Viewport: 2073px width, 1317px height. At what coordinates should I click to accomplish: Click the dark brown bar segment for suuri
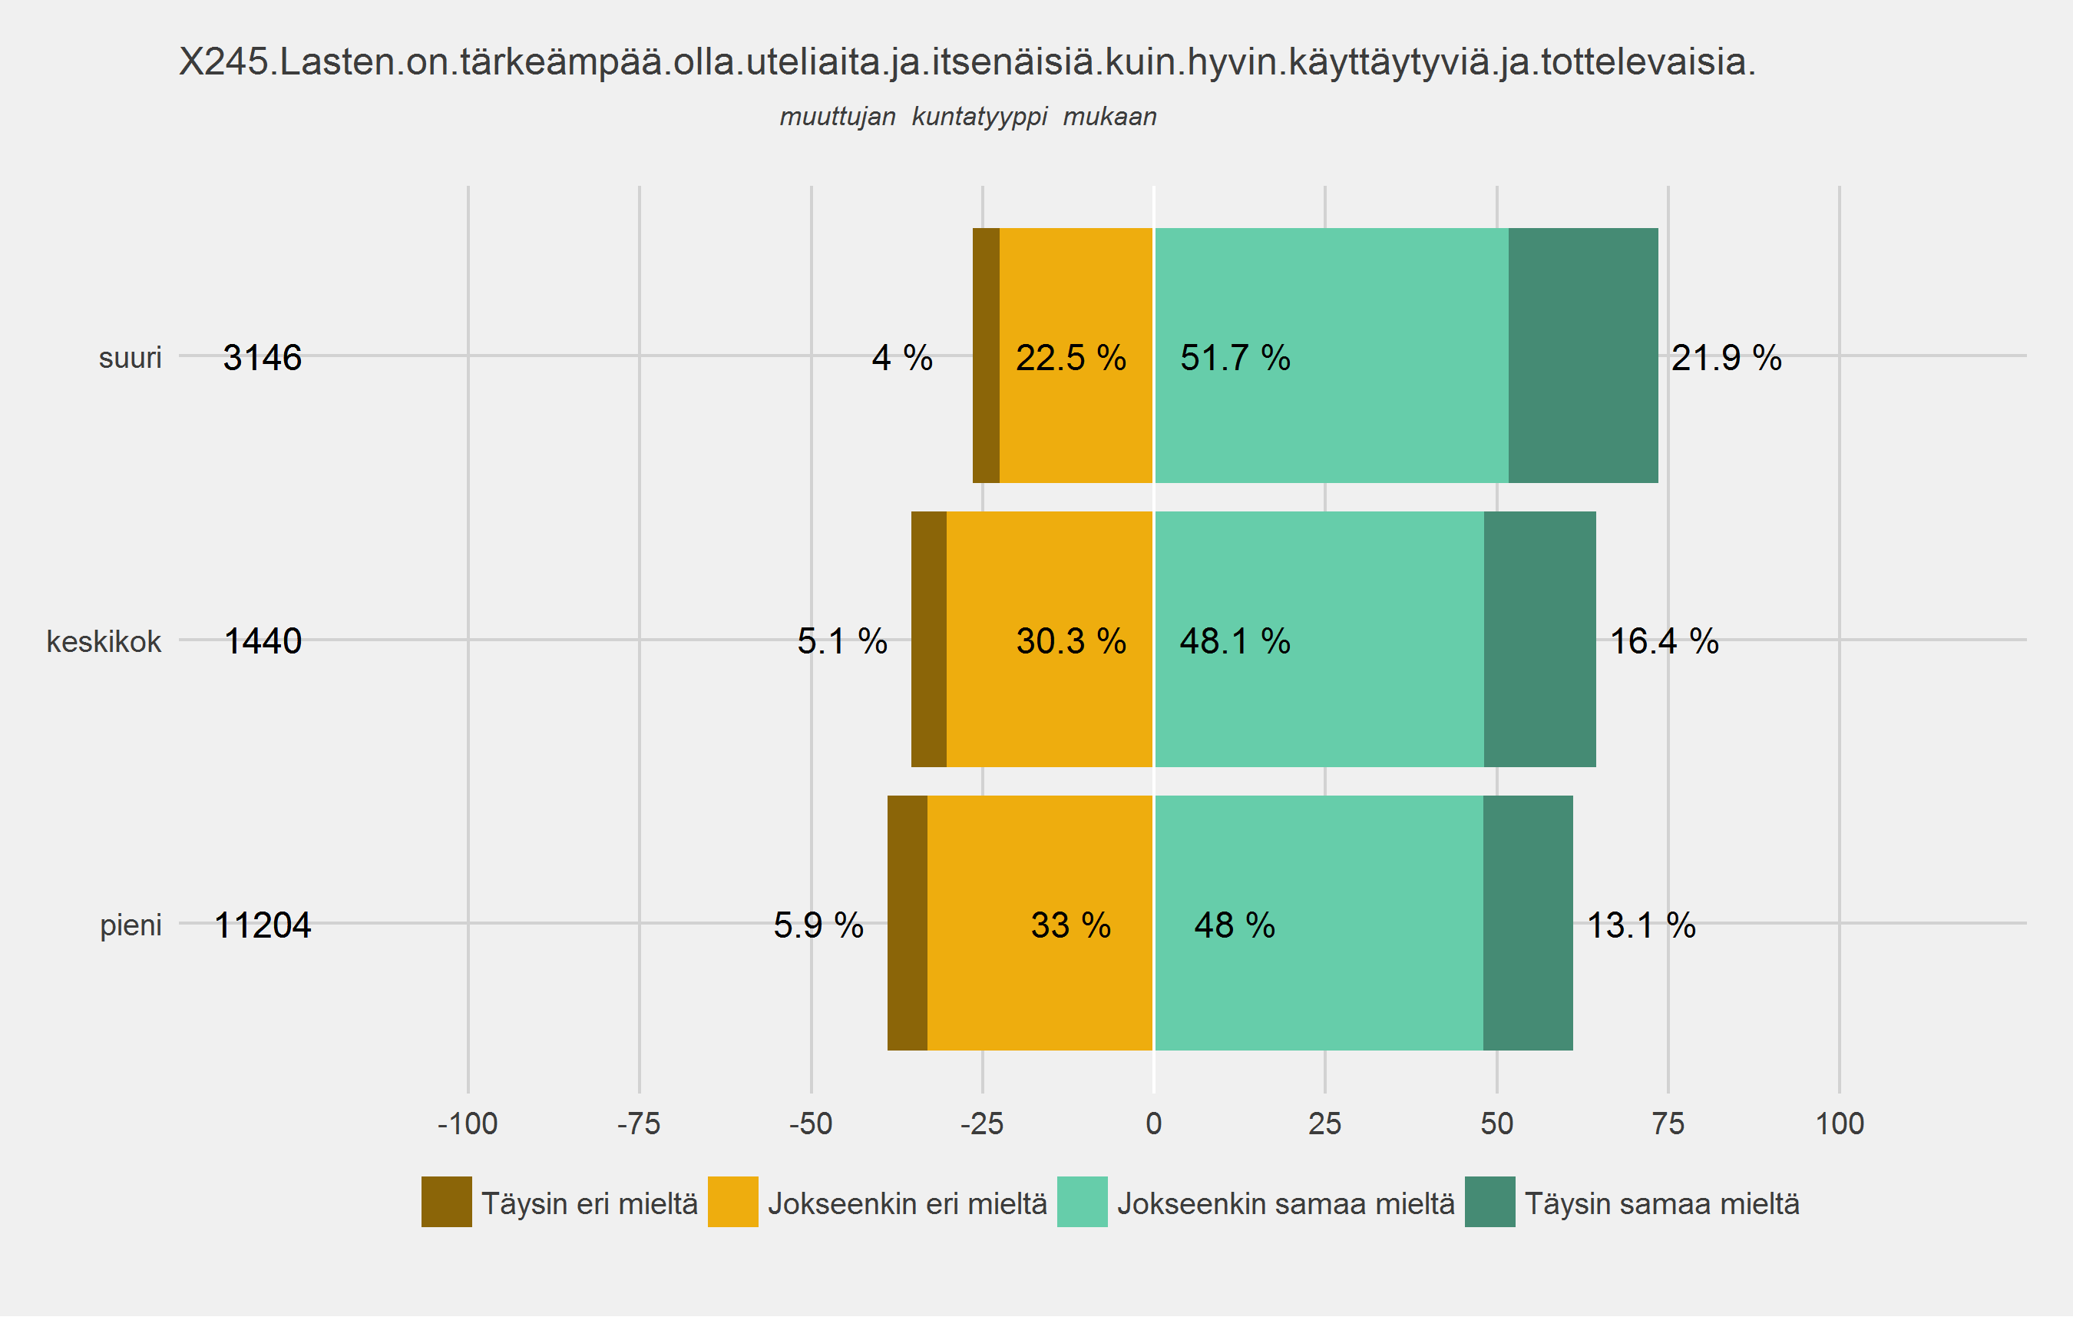tap(986, 356)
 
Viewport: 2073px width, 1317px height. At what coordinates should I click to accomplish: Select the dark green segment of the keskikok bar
tap(1539, 640)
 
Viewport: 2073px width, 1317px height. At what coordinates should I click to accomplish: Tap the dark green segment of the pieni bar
tap(1527, 923)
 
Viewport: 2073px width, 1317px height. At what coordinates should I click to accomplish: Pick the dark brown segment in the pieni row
tap(908, 923)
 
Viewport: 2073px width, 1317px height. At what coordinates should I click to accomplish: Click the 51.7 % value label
tap(1235, 358)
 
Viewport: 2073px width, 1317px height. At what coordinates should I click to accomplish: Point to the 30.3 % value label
tap(1071, 641)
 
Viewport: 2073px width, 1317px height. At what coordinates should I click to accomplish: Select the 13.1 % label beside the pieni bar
tap(1641, 925)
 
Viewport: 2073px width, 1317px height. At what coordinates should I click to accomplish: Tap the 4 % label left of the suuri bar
tap(902, 358)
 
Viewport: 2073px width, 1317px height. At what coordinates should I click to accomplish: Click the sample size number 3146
tap(263, 358)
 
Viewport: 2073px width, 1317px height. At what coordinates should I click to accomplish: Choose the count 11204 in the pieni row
tap(263, 925)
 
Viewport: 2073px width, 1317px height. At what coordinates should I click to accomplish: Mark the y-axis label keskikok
tap(104, 641)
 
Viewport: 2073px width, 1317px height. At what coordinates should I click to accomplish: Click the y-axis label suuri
tap(130, 357)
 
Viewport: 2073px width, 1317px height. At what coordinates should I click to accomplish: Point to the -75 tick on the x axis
tap(639, 1123)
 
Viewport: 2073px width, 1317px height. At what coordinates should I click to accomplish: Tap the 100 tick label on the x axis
tap(1839, 1123)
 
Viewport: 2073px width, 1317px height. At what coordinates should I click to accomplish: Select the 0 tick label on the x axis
tap(1153, 1123)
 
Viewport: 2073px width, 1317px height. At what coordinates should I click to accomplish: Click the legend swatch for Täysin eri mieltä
tap(446, 1202)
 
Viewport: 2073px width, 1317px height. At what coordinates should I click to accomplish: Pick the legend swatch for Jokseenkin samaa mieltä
tap(1082, 1202)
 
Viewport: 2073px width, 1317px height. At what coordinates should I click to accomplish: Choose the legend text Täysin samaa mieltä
tap(1661, 1203)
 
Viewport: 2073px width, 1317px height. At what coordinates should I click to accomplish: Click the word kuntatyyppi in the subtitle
tap(980, 116)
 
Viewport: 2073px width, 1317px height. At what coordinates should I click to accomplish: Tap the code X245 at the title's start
tap(224, 62)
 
